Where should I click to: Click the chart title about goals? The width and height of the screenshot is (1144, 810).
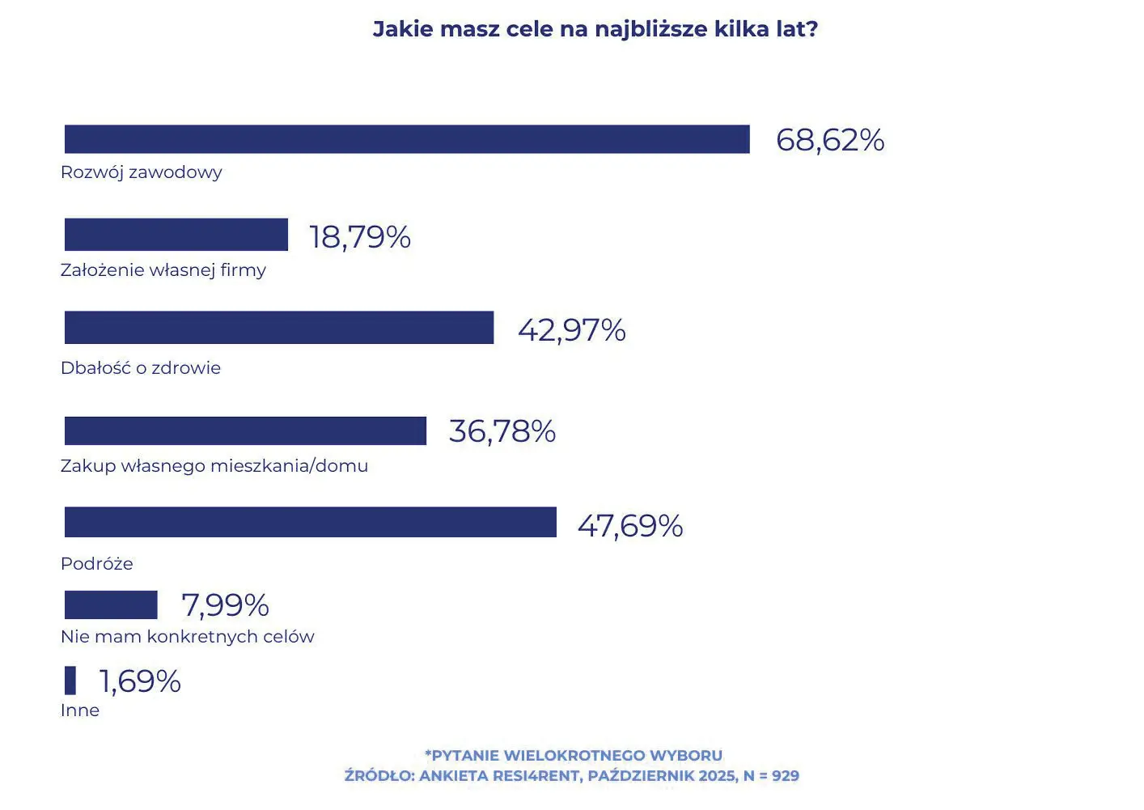[595, 29]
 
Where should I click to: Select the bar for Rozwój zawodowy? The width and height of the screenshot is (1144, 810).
[407, 139]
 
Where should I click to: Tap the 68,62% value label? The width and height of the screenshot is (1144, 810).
[829, 140]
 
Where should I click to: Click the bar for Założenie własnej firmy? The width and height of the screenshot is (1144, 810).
[176, 235]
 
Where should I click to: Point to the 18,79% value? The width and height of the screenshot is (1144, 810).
[360, 237]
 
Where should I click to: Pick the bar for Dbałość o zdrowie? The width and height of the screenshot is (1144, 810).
[279, 328]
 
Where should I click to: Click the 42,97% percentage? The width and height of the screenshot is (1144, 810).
[571, 330]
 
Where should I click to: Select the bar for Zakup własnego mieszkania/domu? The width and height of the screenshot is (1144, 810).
[245, 430]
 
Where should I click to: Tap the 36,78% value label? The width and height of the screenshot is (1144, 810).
[502, 431]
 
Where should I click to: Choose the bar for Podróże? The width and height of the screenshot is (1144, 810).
[311, 522]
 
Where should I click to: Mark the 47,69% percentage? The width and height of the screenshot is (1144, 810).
[629, 526]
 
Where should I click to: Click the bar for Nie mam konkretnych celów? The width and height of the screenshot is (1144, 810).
[111, 605]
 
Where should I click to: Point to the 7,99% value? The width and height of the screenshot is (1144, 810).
[225, 605]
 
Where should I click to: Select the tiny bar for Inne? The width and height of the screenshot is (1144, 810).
[70, 681]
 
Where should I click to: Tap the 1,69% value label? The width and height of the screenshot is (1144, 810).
[140, 681]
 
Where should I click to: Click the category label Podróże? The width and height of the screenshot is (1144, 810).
[97, 563]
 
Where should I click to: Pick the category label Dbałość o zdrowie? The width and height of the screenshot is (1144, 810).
[141, 368]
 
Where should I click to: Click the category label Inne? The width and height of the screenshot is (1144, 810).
[80, 710]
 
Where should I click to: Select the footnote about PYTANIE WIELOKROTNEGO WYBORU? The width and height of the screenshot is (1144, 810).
[573, 756]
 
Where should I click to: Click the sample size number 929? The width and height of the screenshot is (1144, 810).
[785, 776]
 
